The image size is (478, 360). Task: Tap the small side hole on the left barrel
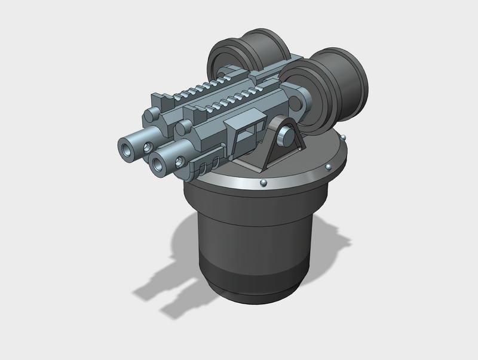147,146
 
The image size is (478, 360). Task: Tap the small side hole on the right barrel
179,161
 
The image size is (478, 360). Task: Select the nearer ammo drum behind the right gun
335,84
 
